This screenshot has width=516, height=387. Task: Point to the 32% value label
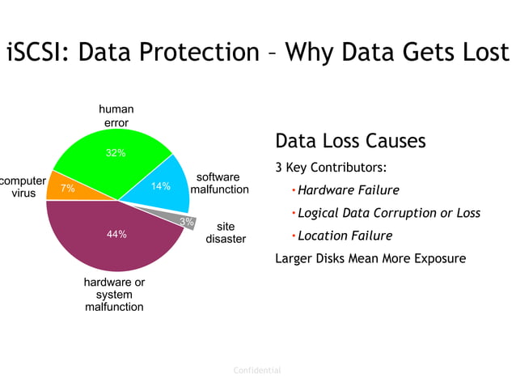pyautogui.click(x=116, y=153)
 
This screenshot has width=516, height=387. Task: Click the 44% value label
pyautogui.click(x=116, y=235)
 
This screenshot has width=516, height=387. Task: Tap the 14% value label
pyautogui.click(x=161, y=186)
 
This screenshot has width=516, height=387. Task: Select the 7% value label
pyautogui.click(x=68, y=189)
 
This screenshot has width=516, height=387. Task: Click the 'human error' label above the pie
pyautogui.click(x=116, y=116)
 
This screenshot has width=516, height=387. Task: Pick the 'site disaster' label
pyautogui.click(x=226, y=233)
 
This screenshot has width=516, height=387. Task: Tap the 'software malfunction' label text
pyautogui.click(x=219, y=183)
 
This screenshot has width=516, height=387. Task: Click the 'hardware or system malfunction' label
pyautogui.click(x=114, y=295)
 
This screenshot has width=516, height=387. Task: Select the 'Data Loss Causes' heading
pyautogui.click(x=350, y=141)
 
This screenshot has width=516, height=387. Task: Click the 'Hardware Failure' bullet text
pyautogui.click(x=348, y=191)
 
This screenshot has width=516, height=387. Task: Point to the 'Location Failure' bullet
pyautogui.click(x=345, y=236)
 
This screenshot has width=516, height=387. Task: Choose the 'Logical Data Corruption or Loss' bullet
pyautogui.click(x=388, y=214)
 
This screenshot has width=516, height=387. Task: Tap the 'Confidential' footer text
pyautogui.click(x=257, y=371)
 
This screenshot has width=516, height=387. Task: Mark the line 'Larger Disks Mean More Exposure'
pyautogui.click(x=370, y=259)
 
